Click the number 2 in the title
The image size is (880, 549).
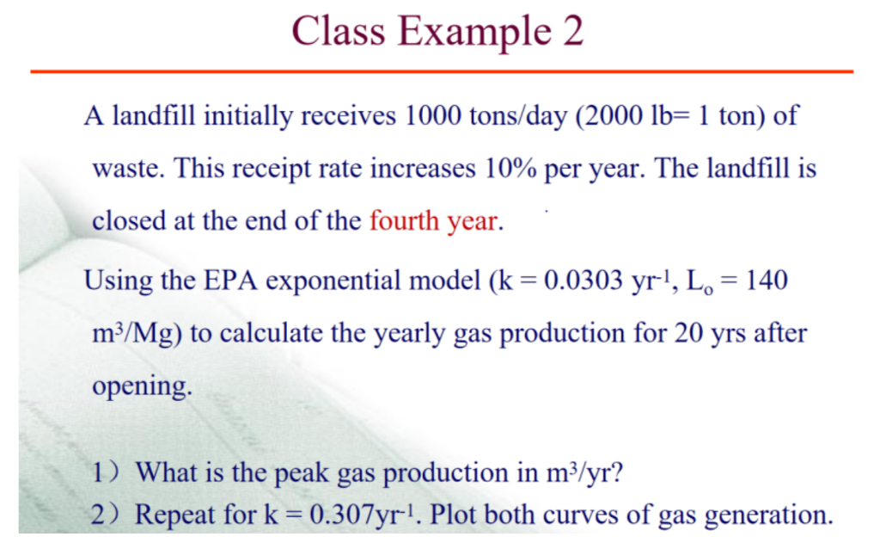pyautogui.click(x=572, y=31)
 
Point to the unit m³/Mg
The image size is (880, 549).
pyautogui.click(x=135, y=333)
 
